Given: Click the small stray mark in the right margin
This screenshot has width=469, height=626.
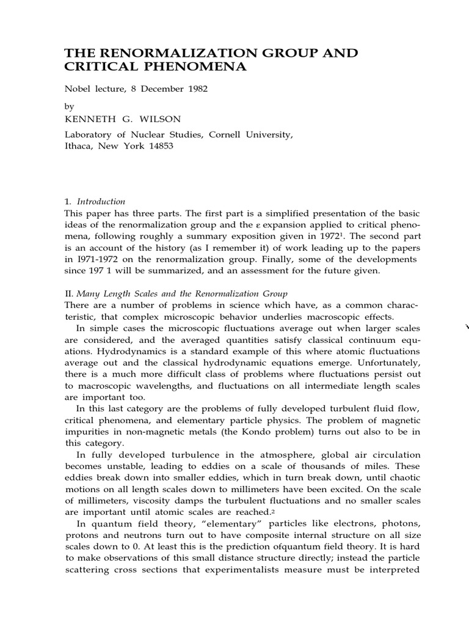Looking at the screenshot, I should (468, 328).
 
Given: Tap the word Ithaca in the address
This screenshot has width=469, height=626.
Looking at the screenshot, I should (79, 147).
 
